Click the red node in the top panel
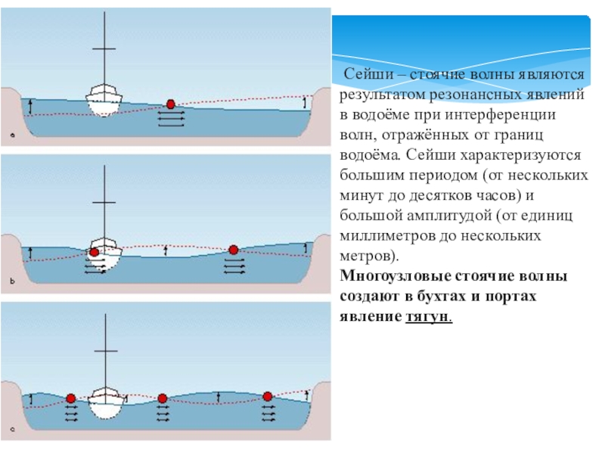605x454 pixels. (172, 104)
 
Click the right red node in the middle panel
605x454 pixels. (234, 250)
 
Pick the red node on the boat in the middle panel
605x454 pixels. (94, 253)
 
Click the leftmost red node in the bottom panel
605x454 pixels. (70, 398)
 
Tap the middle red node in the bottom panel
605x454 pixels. (162, 398)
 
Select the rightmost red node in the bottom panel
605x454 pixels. (267, 396)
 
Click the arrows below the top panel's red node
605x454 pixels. (172, 119)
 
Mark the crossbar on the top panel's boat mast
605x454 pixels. (104, 49)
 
